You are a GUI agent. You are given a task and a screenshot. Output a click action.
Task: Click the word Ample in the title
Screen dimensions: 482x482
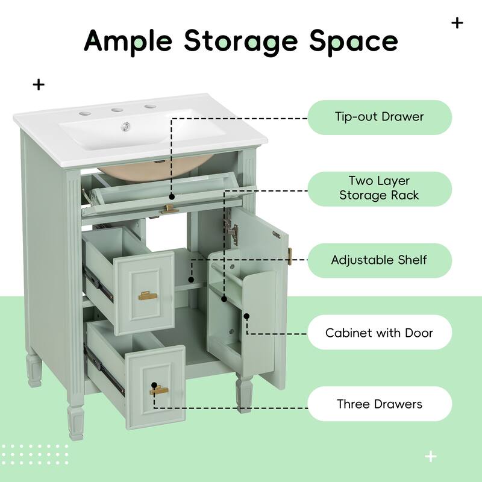(129, 40)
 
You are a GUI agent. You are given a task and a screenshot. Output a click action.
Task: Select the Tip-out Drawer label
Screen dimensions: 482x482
(380, 116)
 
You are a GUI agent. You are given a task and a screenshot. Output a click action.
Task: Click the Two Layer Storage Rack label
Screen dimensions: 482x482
(380, 189)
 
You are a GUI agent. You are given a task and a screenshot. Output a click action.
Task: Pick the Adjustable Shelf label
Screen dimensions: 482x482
(380, 260)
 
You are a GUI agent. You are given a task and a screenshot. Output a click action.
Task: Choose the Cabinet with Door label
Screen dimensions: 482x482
(380, 333)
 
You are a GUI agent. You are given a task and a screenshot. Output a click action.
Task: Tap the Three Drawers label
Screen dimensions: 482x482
(380, 404)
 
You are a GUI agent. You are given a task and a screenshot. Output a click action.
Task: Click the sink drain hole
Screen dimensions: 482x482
(127, 126)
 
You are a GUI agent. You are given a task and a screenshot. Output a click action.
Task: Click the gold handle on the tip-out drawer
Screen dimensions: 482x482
(170, 208)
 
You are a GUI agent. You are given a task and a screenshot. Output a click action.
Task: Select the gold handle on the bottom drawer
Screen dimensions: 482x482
(159, 390)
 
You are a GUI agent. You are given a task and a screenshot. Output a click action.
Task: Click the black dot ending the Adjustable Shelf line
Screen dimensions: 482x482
(192, 280)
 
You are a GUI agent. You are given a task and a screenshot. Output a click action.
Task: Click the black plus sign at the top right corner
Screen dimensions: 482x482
(457, 23)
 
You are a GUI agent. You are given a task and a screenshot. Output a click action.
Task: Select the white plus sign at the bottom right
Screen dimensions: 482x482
(430, 456)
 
